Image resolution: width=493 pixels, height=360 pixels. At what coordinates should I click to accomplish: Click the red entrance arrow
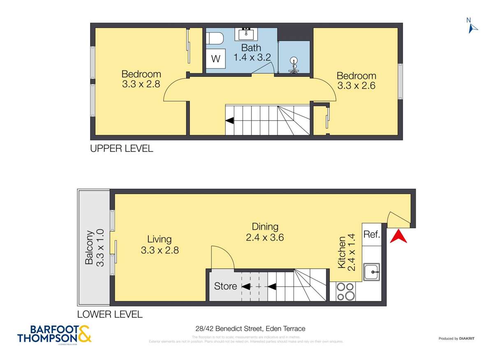[x=398, y=237]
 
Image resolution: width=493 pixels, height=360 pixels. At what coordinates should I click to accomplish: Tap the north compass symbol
[x=472, y=26]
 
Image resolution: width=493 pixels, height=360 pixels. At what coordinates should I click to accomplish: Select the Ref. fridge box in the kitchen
[x=372, y=234]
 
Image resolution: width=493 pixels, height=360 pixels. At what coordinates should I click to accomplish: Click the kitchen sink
[x=371, y=272]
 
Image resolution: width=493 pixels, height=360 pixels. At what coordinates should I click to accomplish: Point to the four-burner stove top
[x=345, y=291]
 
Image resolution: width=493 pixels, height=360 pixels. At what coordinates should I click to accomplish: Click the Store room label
[x=225, y=286]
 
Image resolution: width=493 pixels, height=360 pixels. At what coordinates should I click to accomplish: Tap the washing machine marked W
[x=215, y=58]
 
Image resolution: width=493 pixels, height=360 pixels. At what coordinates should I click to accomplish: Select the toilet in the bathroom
[x=215, y=39]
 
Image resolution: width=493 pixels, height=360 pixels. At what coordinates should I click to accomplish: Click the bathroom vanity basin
[x=246, y=33]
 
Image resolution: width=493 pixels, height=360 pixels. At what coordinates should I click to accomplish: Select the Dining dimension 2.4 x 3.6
[x=265, y=237]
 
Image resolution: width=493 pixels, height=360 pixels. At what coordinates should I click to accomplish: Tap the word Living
[x=160, y=239]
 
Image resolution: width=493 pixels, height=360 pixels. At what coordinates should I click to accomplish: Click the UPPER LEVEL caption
[x=121, y=149]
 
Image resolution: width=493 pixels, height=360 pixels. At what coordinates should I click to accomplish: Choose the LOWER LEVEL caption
[x=110, y=315]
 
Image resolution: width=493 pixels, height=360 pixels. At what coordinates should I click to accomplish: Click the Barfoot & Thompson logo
[x=55, y=334]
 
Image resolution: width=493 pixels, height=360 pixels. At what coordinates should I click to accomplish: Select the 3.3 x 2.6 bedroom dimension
[x=356, y=86]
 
